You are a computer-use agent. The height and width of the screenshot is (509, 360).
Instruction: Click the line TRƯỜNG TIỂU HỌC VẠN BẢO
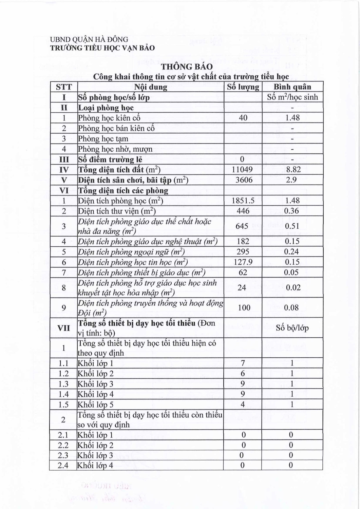tap(102, 48)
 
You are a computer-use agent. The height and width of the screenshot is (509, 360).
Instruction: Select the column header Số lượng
tap(243, 87)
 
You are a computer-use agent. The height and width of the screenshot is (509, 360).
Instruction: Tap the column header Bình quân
tap(292, 87)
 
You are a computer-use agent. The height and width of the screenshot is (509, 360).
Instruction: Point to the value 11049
tap(242, 170)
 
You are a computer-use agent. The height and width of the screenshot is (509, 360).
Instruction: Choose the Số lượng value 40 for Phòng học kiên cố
tap(243, 118)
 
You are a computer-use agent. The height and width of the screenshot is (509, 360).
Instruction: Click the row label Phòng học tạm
tap(103, 139)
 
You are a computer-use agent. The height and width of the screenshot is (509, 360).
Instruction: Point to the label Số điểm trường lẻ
tap(110, 159)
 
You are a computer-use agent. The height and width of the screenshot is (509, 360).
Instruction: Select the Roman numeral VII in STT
tap(63, 328)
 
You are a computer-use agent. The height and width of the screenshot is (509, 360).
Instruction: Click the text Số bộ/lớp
tap(292, 328)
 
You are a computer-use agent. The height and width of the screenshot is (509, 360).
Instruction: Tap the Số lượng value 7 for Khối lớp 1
tap(243, 363)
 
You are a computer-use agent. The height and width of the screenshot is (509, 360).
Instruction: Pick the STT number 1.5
tap(63, 404)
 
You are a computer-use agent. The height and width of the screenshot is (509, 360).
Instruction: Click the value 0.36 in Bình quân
tap(291, 211)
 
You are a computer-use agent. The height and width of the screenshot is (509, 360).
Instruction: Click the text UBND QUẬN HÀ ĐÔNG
tap(89, 40)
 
